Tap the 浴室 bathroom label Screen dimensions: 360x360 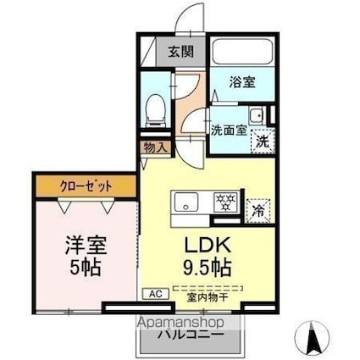click(243, 82)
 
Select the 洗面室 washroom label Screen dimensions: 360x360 click(229, 130)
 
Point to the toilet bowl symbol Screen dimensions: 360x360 click(155, 108)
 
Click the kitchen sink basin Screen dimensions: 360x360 click(186, 202)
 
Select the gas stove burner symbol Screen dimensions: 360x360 click(225, 202)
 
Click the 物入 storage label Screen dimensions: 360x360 click(156, 147)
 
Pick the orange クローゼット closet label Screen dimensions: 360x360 click(84, 184)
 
